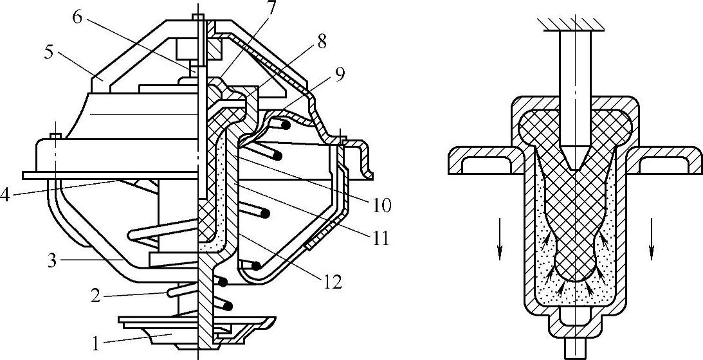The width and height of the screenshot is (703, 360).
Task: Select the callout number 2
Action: [95, 296]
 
